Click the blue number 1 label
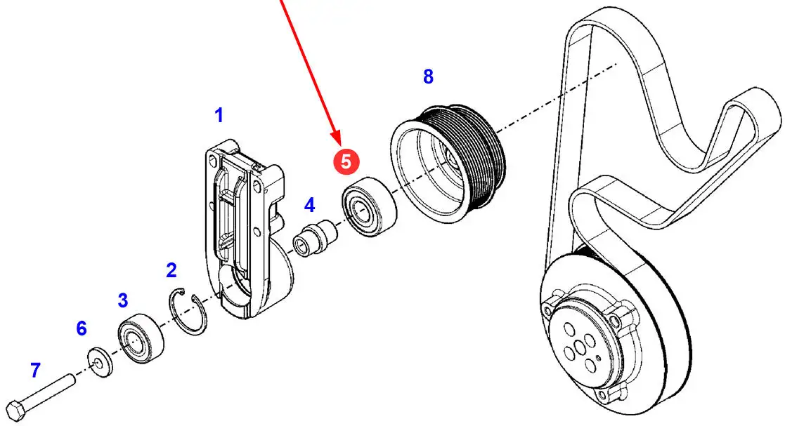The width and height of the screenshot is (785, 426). [219, 115]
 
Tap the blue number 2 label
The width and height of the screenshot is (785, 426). [171, 270]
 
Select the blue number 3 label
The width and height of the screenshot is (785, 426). [123, 301]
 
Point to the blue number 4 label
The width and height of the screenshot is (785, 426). [309, 205]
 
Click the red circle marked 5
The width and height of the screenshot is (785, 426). [346, 160]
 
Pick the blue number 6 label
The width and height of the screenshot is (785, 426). [82, 328]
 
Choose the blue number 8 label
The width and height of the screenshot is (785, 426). [428, 76]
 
